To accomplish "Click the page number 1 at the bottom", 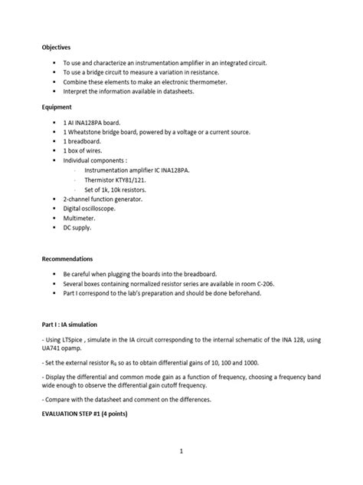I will coord(181,451).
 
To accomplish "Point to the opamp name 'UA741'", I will coord(54,350).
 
